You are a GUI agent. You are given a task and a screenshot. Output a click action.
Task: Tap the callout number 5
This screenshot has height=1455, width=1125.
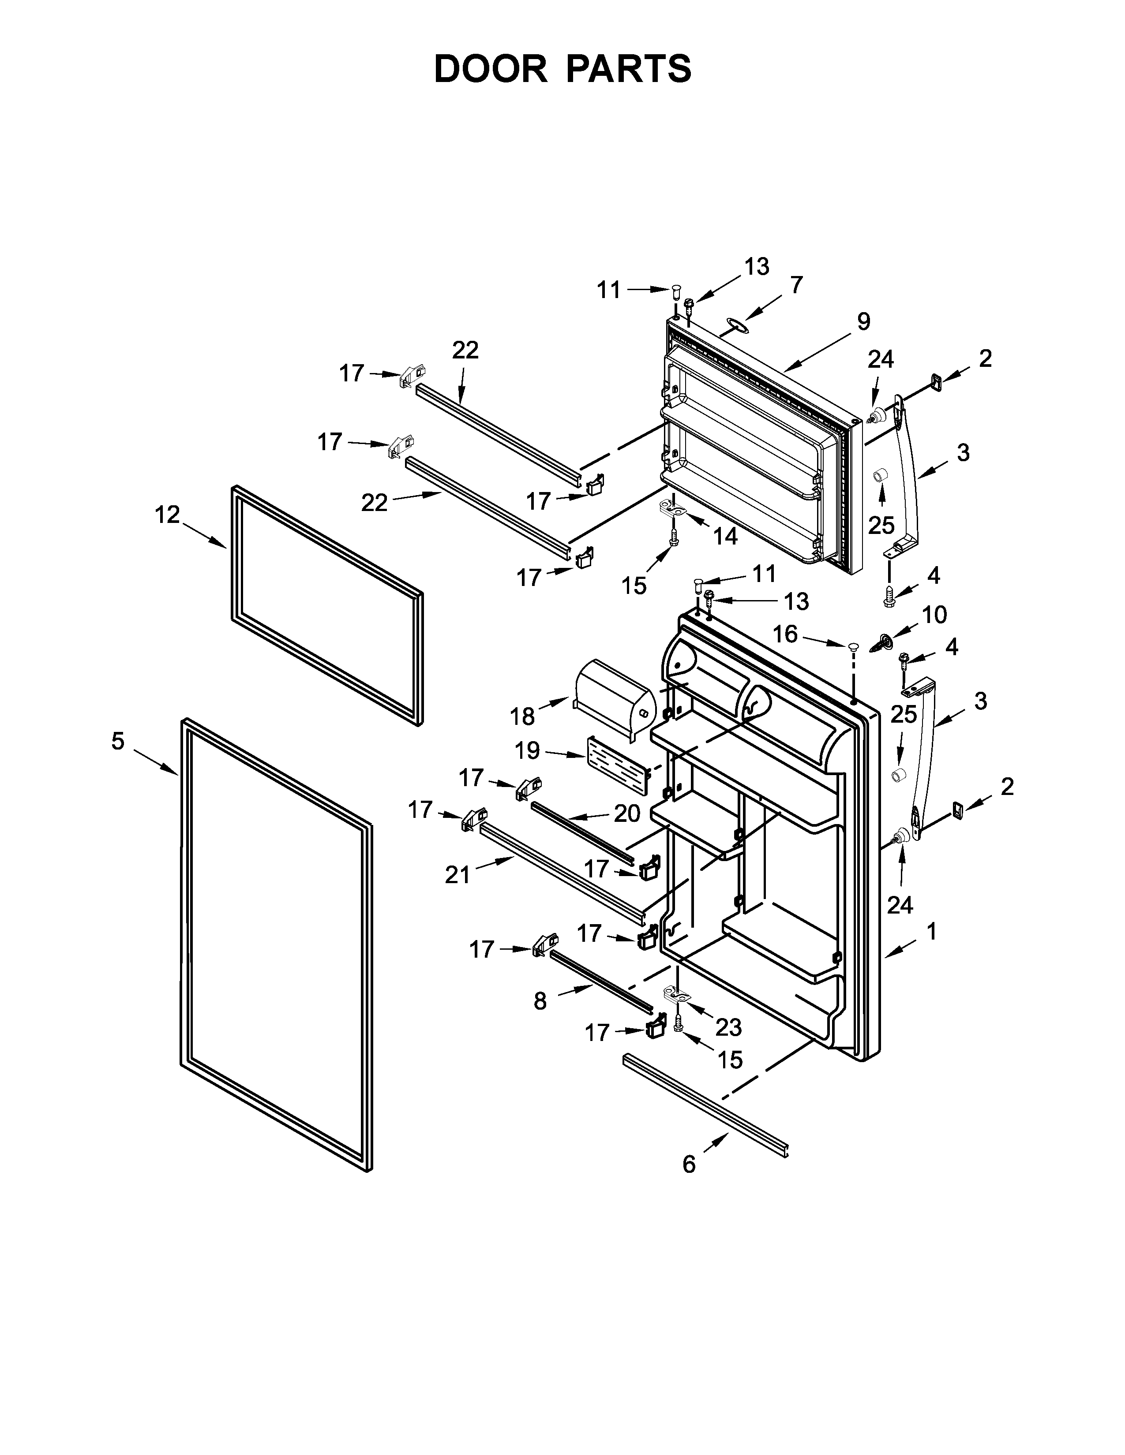click(118, 741)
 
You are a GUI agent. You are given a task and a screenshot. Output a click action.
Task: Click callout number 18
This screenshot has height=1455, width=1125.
click(522, 716)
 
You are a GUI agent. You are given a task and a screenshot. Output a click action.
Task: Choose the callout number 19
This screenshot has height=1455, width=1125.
click(527, 751)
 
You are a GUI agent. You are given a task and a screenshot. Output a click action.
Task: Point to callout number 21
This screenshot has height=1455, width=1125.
click(458, 875)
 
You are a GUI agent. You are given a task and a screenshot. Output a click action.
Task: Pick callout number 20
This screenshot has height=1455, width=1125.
click(626, 813)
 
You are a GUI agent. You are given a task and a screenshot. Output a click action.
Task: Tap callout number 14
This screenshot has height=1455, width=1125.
click(726, 536)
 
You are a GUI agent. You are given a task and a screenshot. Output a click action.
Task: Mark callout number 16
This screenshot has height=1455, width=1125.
click(785, 634)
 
